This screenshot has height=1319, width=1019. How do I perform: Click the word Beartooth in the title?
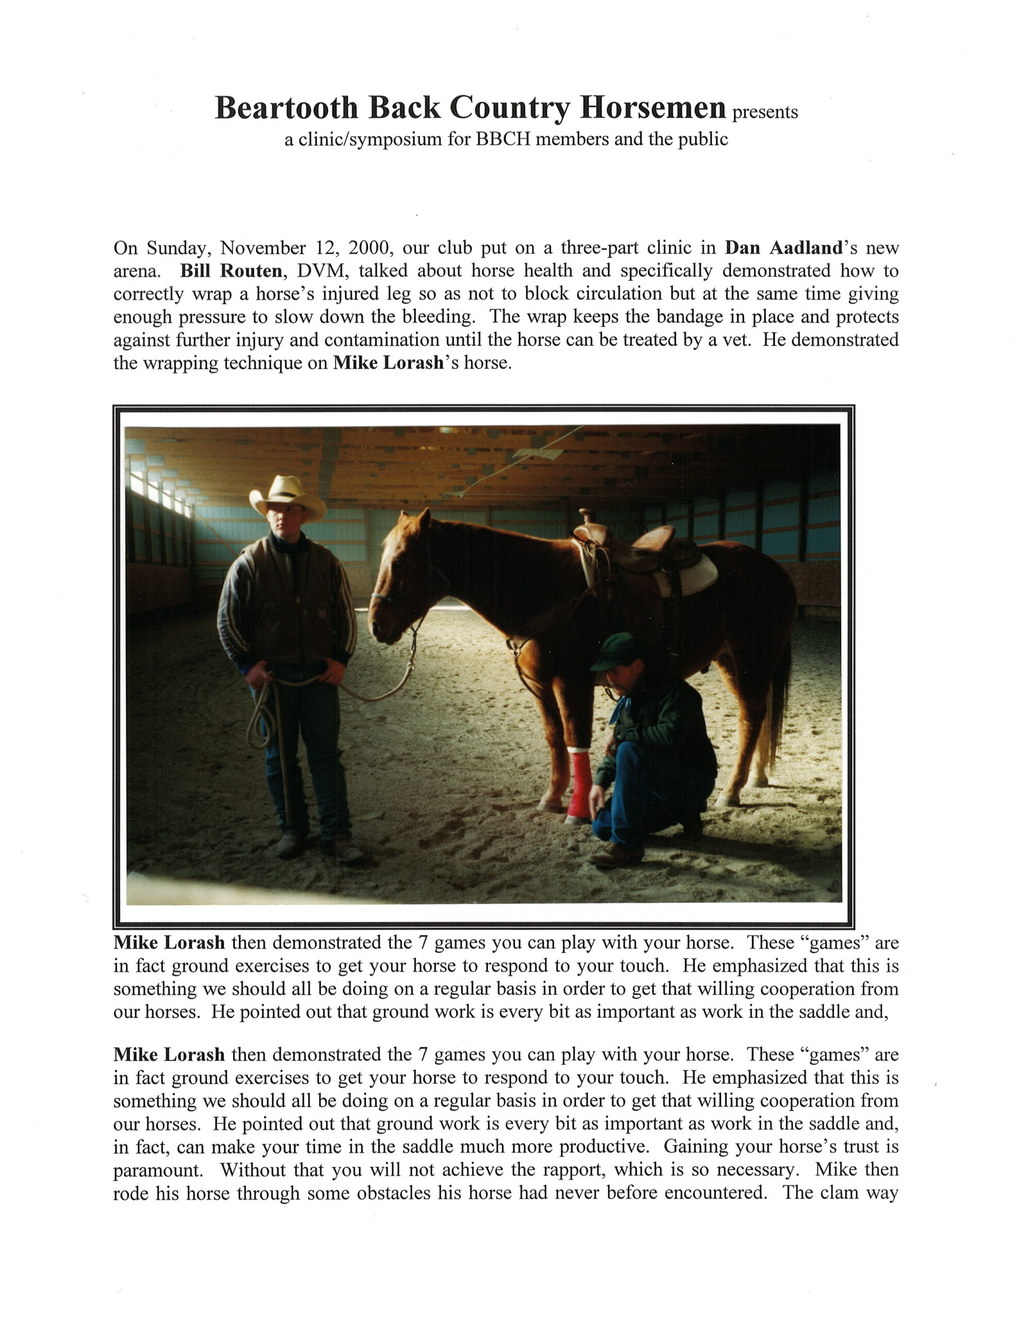coord(286,109)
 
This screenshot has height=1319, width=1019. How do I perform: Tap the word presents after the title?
coord(765,112)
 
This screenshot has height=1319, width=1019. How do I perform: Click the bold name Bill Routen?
coord(231,270)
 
